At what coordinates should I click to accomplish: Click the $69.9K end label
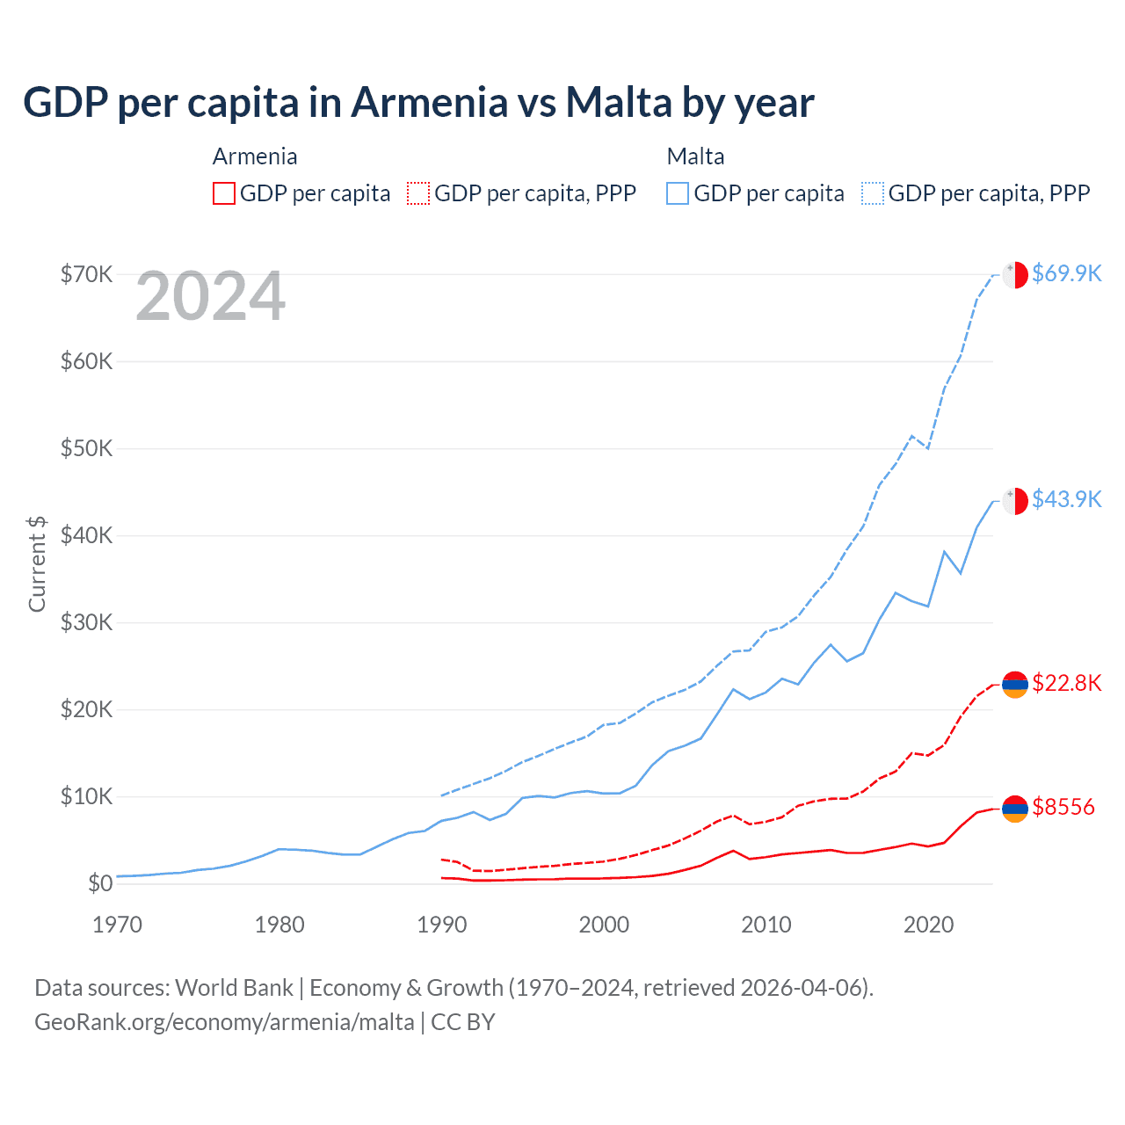point(1066,273)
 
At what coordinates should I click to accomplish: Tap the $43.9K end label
point(1066,499)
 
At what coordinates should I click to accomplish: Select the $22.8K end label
point(1066,683)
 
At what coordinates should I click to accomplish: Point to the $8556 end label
point(1063,807)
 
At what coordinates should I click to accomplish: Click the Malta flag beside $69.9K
point(1015,274)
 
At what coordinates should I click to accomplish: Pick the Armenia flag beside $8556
point(1015,808)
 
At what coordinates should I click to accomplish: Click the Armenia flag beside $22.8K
point(1015,684)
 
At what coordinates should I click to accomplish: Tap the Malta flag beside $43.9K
point(1015,500)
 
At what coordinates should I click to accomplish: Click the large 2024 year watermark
point(210,296)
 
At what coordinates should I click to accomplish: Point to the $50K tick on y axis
point(86,448)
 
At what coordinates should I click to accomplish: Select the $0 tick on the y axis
point(100,883)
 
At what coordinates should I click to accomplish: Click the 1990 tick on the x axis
point(442,925)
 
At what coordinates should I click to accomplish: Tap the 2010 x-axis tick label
point(766,925)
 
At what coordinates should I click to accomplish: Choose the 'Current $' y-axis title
point(37,563)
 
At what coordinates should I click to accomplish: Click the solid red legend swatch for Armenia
point(224,193)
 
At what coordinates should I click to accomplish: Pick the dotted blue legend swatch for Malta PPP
point(873,193)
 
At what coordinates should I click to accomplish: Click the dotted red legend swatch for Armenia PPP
point(418,193)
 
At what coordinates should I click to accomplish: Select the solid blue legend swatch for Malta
point(678,193)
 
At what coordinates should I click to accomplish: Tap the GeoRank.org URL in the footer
point(224,1022)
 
